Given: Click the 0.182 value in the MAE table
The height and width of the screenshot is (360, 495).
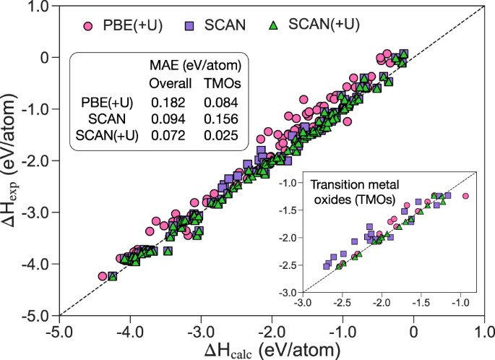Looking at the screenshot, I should (165, 102).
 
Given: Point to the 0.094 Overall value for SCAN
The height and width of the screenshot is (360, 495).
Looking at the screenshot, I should (165, 119).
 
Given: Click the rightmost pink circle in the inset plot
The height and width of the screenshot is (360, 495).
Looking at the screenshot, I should (465, 196).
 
